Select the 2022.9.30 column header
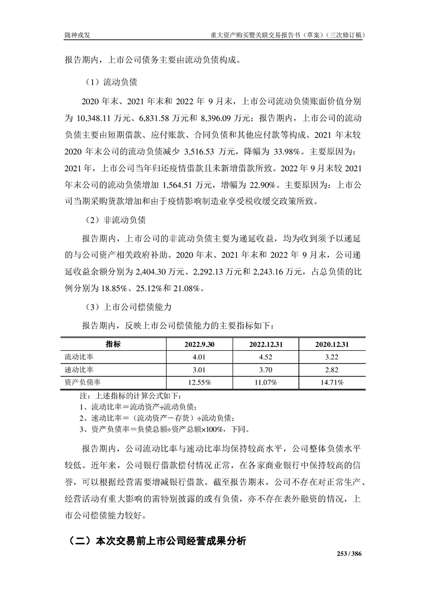click(199, 344)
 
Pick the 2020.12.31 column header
click(331, 344)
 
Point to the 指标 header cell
click(113, 344)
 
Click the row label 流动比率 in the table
click(79, 357)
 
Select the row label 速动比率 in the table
click(79, 370)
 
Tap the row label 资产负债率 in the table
click(83, 382)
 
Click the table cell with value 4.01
click(199, 357)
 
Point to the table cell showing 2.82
click(331, 370)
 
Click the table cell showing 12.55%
click(199, 382)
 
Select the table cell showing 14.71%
click(331, 382)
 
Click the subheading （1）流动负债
click(112, 83)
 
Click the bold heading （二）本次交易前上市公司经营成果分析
click(155, 541)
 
